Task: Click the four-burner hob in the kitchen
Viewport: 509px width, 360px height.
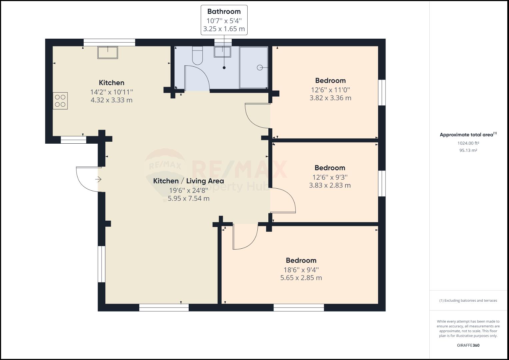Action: [60, 101]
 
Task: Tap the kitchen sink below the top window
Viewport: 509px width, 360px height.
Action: [108, 52]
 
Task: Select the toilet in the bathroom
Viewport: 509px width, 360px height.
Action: [197, 55]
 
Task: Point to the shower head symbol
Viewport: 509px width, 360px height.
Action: [260, 68]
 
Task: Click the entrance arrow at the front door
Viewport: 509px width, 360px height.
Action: [98, 180]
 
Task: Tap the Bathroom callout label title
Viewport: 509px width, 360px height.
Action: [224, 12]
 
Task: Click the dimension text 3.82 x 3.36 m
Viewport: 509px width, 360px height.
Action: [330, 98]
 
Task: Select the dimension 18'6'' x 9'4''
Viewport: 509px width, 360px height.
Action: [301, 270]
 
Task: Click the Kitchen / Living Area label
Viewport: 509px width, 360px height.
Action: [188, 181]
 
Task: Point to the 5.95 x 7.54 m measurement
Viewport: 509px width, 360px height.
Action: [188, 199]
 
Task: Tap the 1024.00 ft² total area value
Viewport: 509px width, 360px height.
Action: [468, 143]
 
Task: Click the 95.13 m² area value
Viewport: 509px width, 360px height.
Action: [468, 150]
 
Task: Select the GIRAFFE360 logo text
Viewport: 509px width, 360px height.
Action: [468, 345]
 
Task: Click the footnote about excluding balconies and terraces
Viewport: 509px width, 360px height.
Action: [468, 301]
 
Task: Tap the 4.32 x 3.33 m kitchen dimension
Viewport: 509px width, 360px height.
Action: [111, 100]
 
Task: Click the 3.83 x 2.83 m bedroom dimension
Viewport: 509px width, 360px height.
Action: [330, 185]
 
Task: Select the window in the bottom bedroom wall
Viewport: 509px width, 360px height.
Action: [299, 307]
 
